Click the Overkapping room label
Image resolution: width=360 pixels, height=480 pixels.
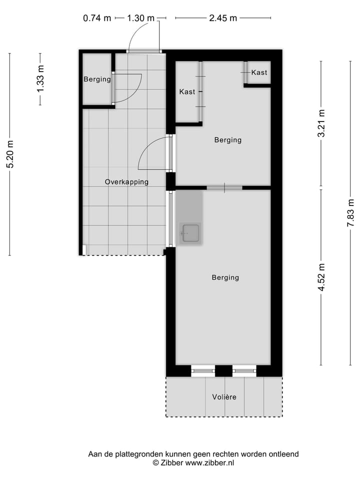click(126, 182)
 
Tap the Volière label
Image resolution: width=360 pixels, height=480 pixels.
click(223, 397)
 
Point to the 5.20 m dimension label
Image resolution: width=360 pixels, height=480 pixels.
click(10, 154)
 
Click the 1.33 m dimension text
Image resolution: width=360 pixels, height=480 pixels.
click(40, 78)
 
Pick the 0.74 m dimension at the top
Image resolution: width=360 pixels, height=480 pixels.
click(97, 18)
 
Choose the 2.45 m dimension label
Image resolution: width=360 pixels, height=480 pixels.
click(222, 18)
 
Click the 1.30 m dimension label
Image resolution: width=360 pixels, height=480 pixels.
click(140, 18)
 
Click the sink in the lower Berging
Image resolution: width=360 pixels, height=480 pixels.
click(190, 233)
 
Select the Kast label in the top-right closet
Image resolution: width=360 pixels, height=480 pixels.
click(259, 72)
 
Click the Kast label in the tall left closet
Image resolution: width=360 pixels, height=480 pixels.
click(187, 91)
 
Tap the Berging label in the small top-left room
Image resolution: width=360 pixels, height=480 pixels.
click(97, 79)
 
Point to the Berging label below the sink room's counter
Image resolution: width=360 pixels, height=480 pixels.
click(225, 277)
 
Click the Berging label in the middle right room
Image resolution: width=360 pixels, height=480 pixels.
click(227, 140)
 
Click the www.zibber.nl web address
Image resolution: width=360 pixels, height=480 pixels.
click(210, 463)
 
